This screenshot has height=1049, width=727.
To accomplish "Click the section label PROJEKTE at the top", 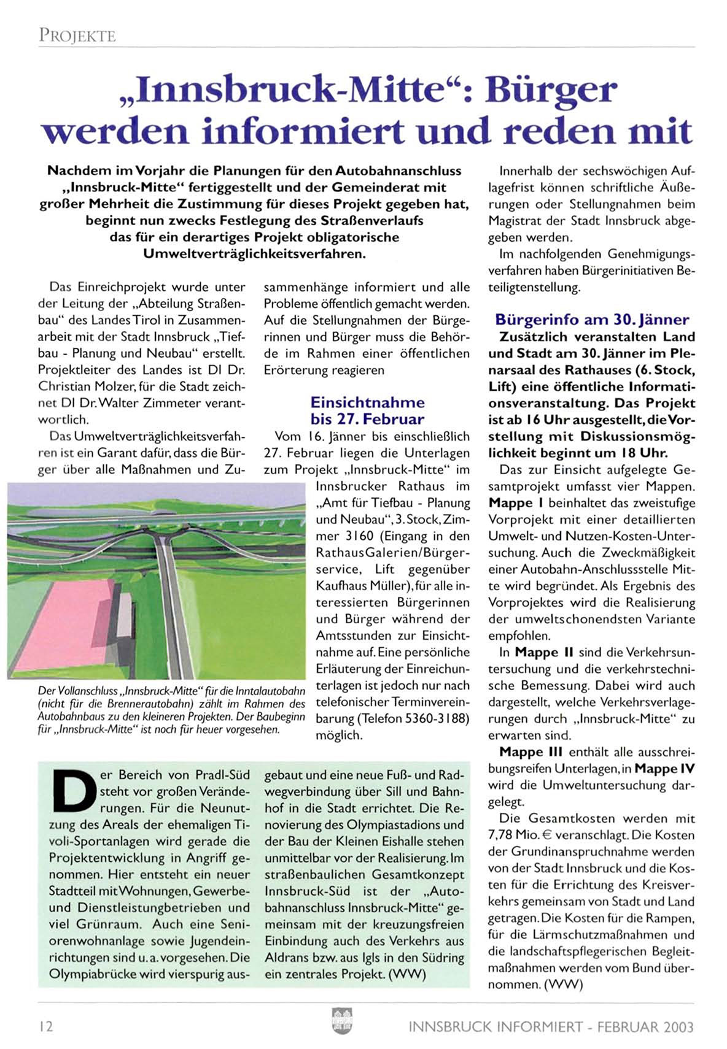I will [77, 36].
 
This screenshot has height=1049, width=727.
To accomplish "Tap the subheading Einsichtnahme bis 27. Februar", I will [367, 411].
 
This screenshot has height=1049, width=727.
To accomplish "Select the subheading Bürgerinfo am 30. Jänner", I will [592, 320].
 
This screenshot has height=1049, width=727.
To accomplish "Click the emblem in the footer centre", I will [338, 1021].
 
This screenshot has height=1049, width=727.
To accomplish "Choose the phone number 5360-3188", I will [436, 718].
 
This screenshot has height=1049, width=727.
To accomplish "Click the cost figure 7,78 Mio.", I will [513, 836].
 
